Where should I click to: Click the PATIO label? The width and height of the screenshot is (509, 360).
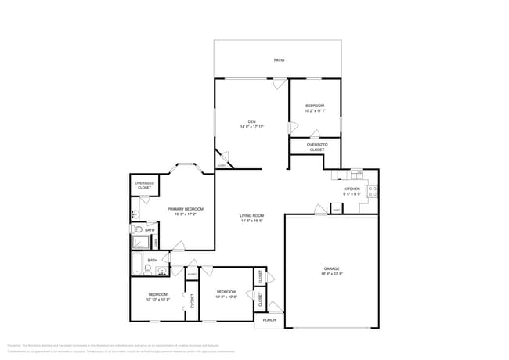point(279,59)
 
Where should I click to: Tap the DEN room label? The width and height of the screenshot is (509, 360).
point(251,121)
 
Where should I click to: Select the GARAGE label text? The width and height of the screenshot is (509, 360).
point(331,268)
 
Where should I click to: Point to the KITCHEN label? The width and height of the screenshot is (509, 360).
point(352,189)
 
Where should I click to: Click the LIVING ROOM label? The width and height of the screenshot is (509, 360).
point(251,216)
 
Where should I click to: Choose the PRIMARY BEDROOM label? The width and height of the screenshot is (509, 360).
point(186,209)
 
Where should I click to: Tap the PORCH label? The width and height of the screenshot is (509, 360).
point(269,320)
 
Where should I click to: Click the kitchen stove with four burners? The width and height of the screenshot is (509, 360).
point(372,190)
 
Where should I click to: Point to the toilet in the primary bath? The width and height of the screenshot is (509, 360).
point(136,229)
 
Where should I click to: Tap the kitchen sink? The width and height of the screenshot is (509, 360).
point(356,173)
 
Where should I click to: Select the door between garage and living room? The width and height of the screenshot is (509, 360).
point(321,209)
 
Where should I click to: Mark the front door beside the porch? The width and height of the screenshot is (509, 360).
point(274,307)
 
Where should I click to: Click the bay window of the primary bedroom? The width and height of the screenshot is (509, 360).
point(186,166)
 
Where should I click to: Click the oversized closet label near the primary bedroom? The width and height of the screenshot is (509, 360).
point(145,186)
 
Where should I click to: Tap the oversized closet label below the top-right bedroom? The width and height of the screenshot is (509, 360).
point(317,146)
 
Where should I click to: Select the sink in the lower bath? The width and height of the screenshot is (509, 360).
point(161,272)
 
